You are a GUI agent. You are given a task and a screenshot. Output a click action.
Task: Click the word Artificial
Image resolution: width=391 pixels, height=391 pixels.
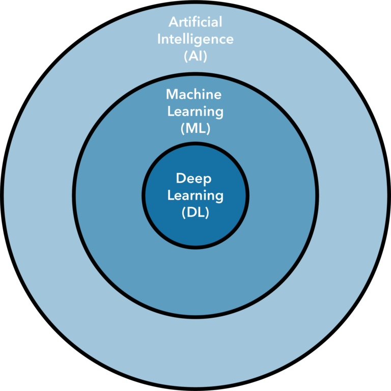[195, 22]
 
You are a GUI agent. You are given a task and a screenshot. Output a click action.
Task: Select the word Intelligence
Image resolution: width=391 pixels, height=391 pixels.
[195, 39]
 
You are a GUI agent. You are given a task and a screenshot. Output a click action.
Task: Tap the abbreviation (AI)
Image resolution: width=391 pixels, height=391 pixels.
[195, 56]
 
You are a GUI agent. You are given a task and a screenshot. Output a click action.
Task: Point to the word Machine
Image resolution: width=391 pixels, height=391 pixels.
[194, 94]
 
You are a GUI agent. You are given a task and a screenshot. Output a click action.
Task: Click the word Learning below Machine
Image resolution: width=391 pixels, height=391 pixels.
[195, 111]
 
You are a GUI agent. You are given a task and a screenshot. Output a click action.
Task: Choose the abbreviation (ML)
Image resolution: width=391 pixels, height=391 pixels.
[195, 128]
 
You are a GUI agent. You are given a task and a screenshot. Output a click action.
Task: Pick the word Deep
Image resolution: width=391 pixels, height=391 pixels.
[193, 179]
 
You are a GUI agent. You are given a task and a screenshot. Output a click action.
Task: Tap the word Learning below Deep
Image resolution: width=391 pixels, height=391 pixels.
[195, 195]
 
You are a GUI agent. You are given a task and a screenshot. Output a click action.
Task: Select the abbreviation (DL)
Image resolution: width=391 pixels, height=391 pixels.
[195, 213]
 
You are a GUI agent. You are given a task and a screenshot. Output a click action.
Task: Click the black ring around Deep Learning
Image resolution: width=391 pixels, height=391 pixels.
[195, 144]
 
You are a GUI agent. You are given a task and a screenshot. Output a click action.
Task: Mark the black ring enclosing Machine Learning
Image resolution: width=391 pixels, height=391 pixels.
[195, 74]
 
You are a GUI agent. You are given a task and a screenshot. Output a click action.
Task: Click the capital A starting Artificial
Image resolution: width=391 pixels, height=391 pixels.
[173, 22]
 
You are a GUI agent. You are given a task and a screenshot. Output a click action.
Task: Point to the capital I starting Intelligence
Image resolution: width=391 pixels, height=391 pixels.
[159, 39]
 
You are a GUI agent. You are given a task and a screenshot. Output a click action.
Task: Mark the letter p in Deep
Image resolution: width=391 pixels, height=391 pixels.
[207, 181]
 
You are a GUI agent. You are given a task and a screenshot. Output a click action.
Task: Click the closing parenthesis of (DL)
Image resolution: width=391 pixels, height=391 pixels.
[207, 213]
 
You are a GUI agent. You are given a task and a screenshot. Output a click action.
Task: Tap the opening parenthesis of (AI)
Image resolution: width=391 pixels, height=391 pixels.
[186, 56]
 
